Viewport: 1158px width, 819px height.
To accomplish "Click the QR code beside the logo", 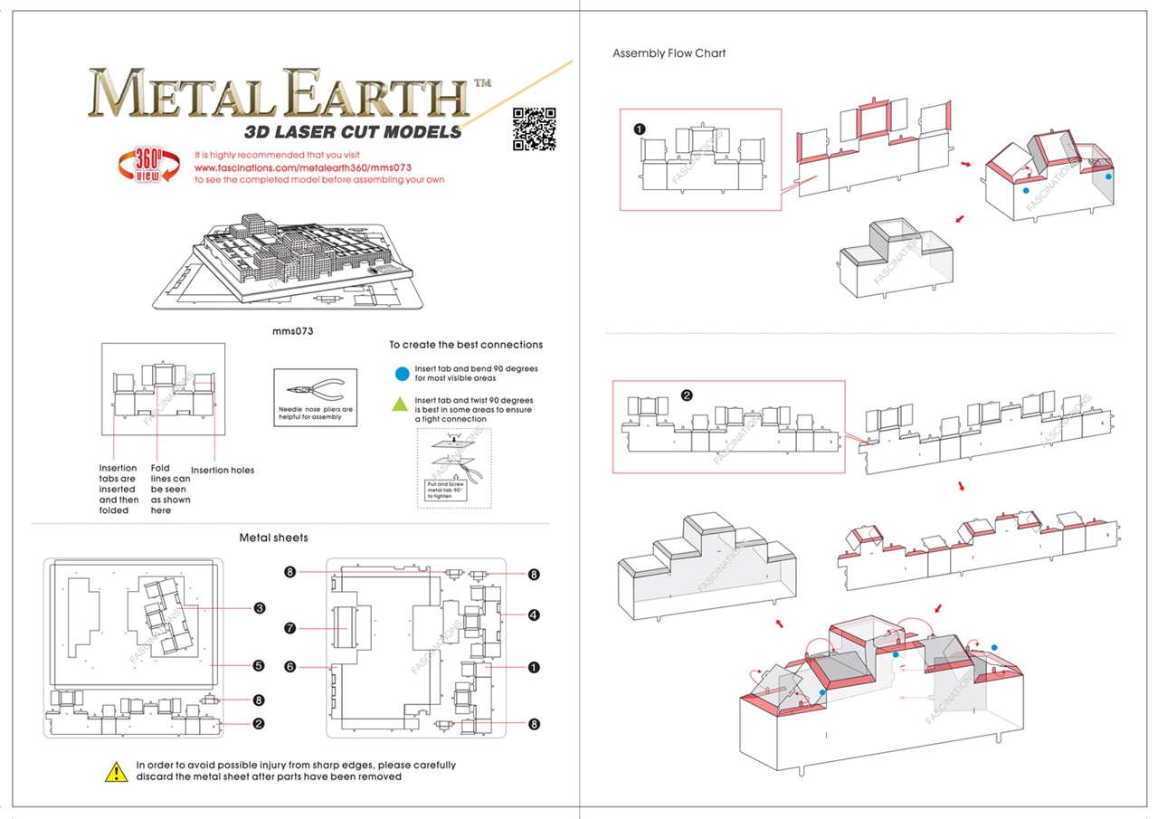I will [x=534, y=129].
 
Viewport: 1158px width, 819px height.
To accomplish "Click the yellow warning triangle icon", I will [x=116, y=771].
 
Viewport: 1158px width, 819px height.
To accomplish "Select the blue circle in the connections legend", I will [x=402, y=373].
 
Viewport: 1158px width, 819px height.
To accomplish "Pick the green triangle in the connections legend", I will [x=402, y=404].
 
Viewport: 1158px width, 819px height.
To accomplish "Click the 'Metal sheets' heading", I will [x=273, y=538].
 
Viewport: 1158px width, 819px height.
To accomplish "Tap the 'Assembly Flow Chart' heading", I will [x=669, y=53].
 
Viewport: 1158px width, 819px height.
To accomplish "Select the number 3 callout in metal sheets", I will [x=259, y=608].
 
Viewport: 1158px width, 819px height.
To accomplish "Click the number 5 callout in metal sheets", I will [x=259, y=665].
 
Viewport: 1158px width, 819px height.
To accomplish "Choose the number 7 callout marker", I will [x=290, y=627].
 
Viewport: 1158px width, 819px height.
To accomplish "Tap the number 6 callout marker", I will [x=290, y=667].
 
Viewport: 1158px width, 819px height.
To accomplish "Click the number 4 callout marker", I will [x=534, y=615].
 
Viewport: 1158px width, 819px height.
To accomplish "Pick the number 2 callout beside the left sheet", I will [x=259, y=723].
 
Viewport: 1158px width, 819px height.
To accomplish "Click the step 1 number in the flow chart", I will [x=640, y=129].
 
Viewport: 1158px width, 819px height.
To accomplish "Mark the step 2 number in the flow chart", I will [x=687, y=395].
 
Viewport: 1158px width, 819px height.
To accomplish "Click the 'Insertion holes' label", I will [x=223, y=470].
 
